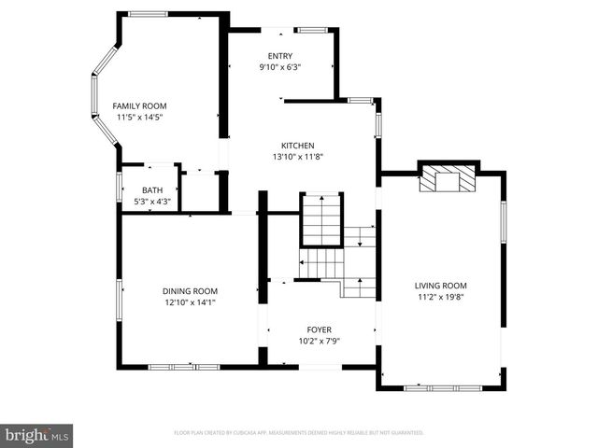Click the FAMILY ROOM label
139,105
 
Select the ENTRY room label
280,56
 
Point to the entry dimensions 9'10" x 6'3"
280,67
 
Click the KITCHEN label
298,145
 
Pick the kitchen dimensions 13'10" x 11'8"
298,157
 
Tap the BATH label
152,190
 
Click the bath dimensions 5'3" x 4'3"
152,201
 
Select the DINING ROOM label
190,290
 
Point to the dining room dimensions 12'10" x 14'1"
190,302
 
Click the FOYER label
320,329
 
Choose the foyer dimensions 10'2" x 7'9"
320,342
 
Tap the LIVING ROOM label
441,286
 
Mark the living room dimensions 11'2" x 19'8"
441,298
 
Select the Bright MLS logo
37,434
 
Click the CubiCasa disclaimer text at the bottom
299,433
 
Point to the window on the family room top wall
148,13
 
